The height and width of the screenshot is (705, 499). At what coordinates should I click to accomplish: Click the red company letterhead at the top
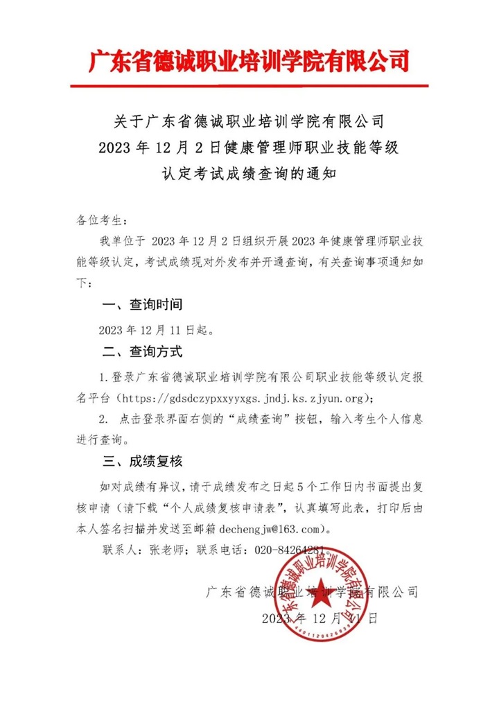pos(249,60)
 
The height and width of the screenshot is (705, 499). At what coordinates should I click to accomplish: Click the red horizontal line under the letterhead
pos(249,86)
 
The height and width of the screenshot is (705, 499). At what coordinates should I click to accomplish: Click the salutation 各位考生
pos(101,220)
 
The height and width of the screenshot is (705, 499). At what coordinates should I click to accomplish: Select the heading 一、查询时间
pos(142,304)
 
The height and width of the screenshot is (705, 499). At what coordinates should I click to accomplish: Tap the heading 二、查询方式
pos(142,351)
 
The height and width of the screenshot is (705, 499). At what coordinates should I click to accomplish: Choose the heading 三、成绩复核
pos(142,462)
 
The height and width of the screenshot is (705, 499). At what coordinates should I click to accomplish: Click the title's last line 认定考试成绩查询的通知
pos(249,171)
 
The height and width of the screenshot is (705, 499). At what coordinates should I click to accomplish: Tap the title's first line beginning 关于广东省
pos(249,122)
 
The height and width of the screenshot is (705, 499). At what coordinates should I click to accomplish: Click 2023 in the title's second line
pos(117,147)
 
